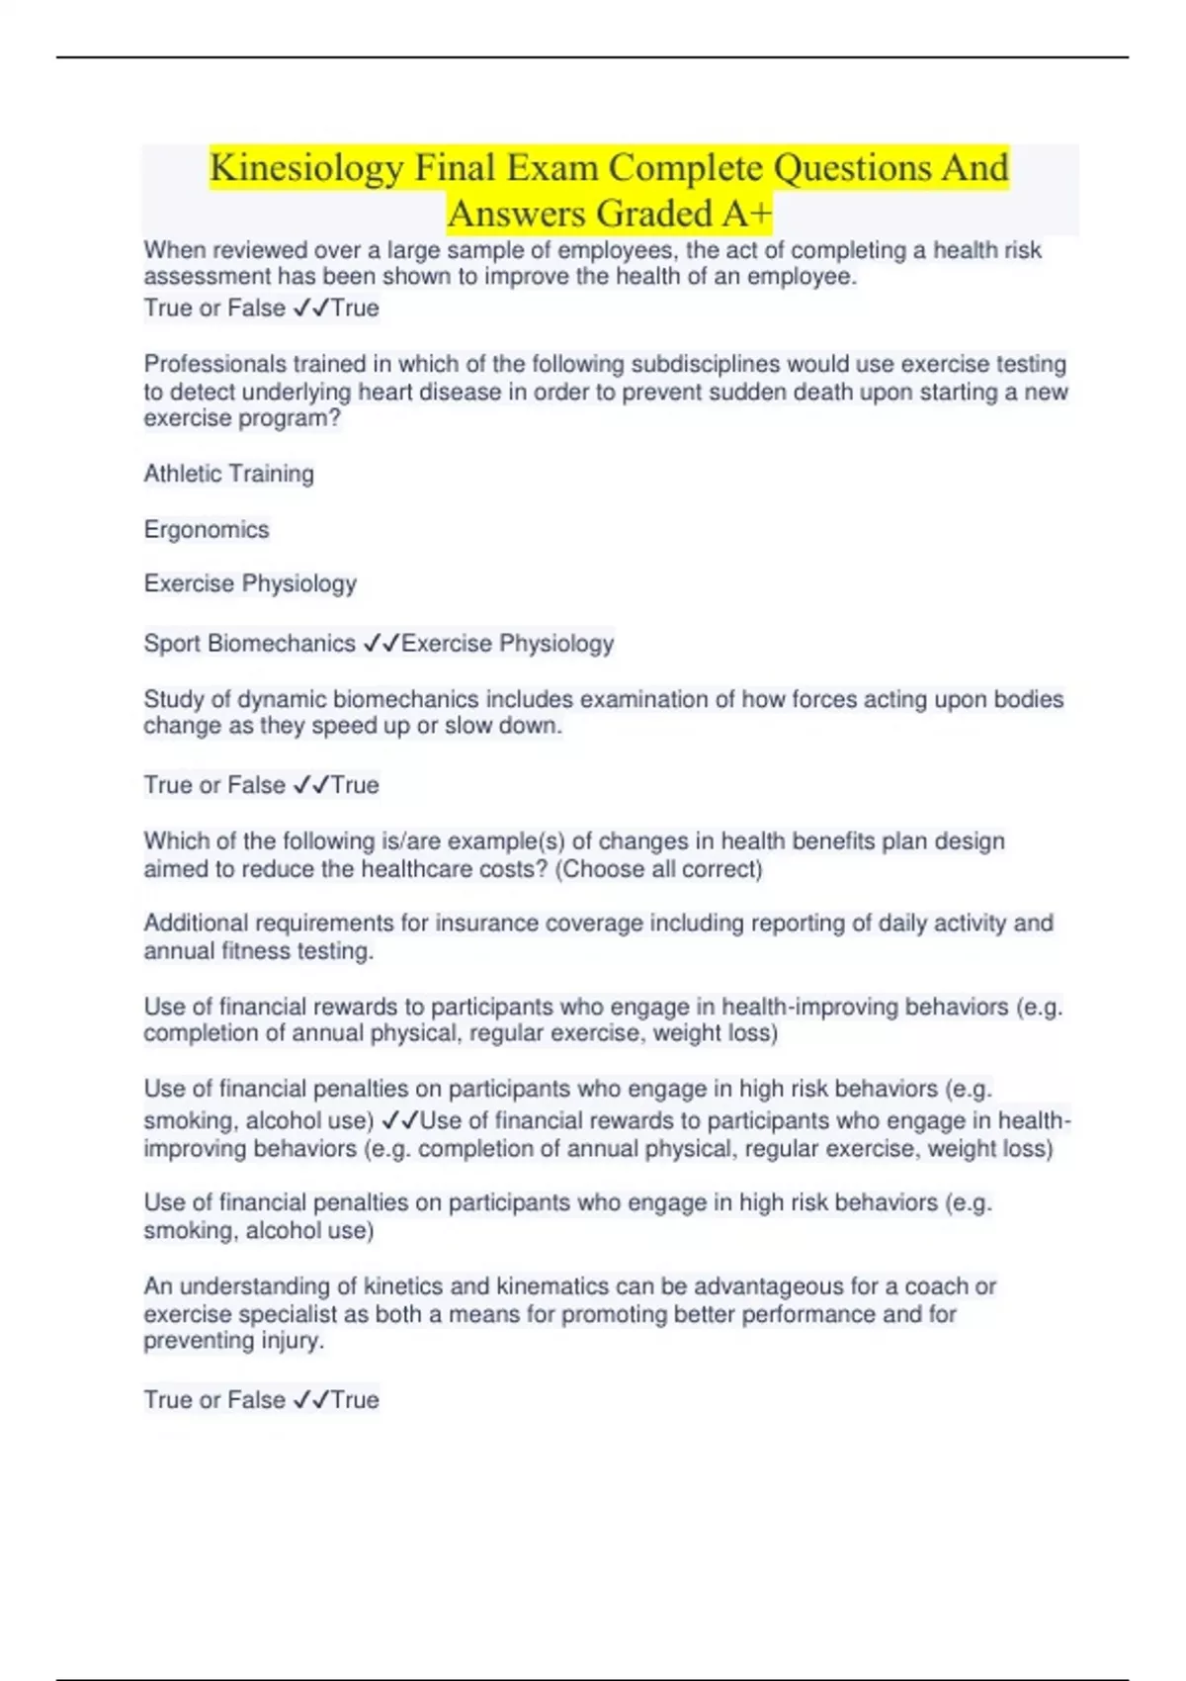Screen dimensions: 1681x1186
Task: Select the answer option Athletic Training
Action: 228,474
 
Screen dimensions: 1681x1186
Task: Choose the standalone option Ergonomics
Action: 206,529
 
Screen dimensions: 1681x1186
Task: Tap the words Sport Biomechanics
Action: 249,643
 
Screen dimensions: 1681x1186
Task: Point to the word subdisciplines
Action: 705,364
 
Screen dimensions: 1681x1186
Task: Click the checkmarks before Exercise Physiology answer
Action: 381,643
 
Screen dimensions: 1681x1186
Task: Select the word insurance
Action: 483,923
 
